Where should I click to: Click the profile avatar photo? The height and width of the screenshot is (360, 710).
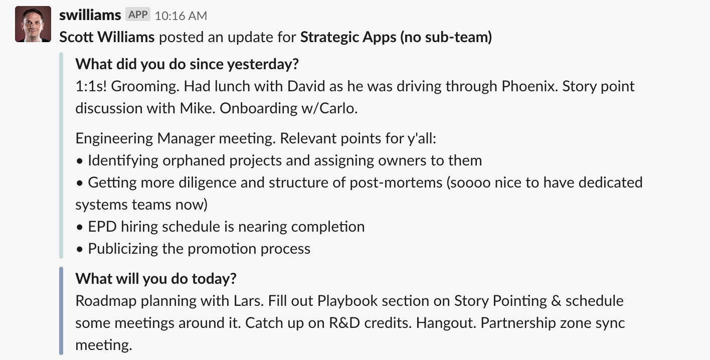tap(33, 24)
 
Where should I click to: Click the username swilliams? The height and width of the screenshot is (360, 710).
tap(90, 15)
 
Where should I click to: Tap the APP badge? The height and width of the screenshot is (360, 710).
tap(138, 15)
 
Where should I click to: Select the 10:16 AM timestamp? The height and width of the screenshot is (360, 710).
tap(181, 16)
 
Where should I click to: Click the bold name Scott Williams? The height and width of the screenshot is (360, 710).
tap(107, 37)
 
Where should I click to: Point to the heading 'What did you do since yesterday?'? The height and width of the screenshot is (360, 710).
tap(187, 64)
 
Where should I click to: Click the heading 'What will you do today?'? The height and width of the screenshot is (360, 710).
tap(156, 279)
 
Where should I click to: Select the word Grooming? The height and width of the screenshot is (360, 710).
tap(145, 87)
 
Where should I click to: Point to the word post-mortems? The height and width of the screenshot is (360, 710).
tap(396, 183)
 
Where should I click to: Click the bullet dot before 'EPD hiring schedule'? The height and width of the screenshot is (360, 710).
tap(80, 228)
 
